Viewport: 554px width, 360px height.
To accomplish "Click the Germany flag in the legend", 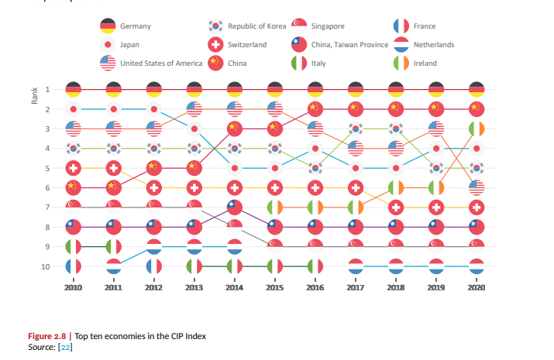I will point(108,26).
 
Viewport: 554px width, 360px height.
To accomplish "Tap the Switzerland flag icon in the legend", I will point(216,45).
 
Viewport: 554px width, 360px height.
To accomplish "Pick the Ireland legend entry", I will point(425,63).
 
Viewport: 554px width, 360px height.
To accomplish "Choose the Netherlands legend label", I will point(434,45).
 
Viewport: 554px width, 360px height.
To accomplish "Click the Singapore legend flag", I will point(299,26).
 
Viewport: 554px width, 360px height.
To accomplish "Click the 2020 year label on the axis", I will point(477,287).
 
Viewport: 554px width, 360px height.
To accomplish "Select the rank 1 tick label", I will point(49,90).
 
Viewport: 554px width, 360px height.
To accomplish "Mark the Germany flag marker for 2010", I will point(74,90).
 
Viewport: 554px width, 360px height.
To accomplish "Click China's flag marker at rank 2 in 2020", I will point(477,109).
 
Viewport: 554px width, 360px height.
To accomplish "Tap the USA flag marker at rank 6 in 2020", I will point(477,188).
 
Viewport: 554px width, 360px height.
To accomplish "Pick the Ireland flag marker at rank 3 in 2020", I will point(477,129).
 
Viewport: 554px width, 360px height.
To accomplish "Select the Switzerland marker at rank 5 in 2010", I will point(74,168).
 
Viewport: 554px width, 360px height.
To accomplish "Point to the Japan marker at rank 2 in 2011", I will point(114,109).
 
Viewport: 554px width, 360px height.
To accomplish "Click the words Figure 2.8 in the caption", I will point(48,337).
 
